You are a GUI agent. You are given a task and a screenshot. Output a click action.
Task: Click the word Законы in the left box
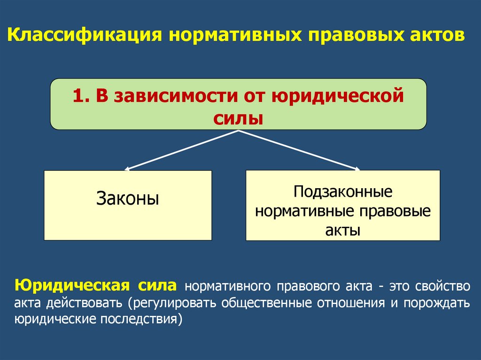pos(128,199)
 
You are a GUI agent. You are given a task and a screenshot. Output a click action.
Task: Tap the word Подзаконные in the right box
pos(343,192)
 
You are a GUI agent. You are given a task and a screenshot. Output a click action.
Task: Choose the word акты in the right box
pos(343,230)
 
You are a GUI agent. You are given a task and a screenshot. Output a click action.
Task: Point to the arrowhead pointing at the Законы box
pos(127,168)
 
